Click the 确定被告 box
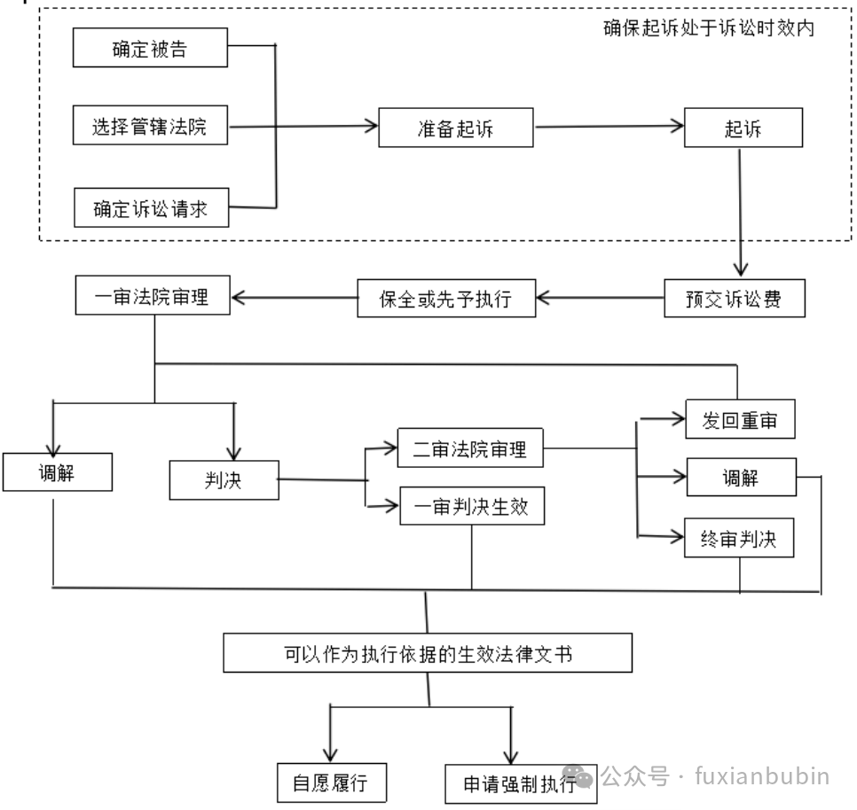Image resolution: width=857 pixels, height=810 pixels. tap(150, 48)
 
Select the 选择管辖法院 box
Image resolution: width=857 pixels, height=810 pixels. tap(150, 126)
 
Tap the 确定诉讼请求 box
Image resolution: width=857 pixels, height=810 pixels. tap(151, 209)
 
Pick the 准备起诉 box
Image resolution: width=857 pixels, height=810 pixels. tap(456, 128)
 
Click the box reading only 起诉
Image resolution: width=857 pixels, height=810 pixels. tap(743, 128)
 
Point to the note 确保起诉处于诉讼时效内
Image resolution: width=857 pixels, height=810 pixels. tap(709, 27)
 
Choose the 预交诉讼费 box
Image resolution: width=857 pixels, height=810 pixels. tap(734, 299)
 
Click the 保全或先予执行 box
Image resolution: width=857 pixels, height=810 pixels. tap(446, 299)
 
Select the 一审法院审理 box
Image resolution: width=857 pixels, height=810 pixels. tap(153, 296)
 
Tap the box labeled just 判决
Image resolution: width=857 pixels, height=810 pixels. tap(224, 479)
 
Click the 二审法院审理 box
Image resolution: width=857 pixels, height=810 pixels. tap(470, 449)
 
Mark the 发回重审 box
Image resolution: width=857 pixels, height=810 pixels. tap(740, 419)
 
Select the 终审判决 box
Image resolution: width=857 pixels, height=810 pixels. tap(739, 538)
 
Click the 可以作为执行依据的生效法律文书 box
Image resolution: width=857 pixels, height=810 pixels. tap(428, 654)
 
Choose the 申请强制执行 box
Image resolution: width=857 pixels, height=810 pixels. tap(520, 784)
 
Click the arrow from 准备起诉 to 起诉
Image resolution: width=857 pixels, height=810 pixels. tap(609, 127)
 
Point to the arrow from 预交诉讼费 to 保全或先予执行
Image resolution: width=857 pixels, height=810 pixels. tap(601, 299)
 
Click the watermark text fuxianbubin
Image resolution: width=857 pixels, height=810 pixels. tap(763, 776)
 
